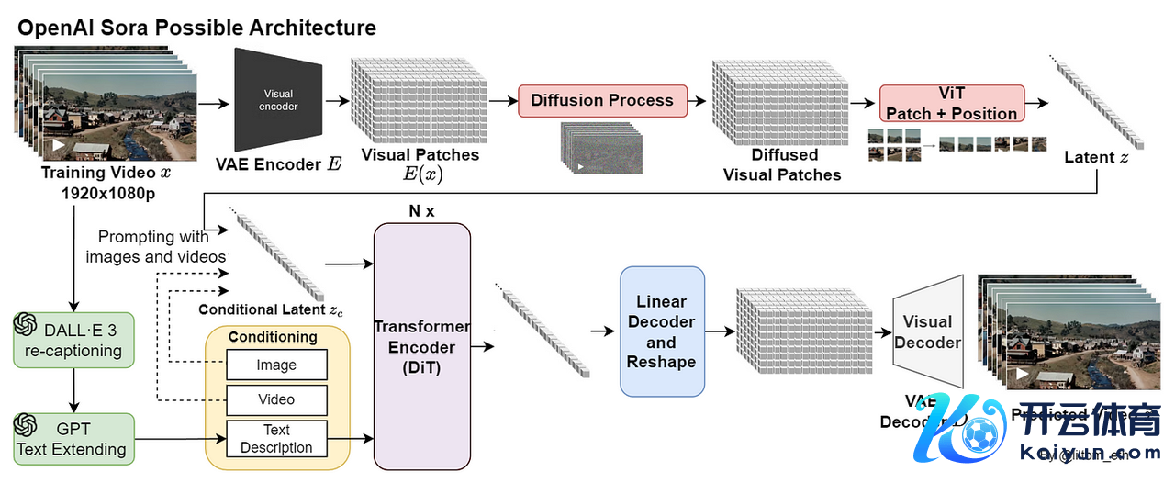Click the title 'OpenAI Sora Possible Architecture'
(196, 27)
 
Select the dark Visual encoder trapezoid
(279, 100)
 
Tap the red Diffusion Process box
(602, 100)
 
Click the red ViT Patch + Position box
(952, 104)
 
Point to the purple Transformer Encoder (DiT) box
(422, 347)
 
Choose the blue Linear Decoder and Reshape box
(662, 331)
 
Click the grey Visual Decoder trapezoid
(928, 331)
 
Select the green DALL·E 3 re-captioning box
(73, 339)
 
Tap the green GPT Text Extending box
(73, 438)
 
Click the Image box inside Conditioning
(276, 365)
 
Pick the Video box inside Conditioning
(276, 399)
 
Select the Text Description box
(276, 439)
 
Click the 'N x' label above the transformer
(421, 210)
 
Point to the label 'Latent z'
(1096, 157)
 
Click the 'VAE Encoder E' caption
(278, 164)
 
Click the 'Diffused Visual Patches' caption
(782, 165)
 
